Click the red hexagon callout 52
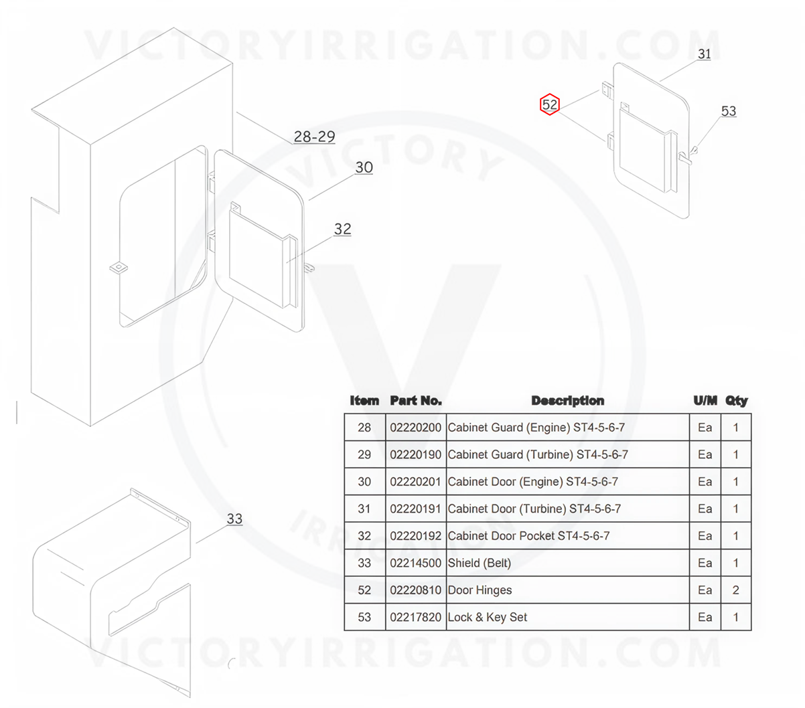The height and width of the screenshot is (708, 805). point(550,104)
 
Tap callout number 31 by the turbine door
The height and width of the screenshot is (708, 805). point(704,54)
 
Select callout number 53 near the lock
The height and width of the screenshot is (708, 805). point(728,111)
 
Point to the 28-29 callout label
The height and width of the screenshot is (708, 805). point(314,137)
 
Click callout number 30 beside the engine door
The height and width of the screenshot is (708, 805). point(364,167)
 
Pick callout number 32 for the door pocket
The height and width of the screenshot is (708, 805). point(342,229)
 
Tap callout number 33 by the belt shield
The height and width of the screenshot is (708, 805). point(234,519)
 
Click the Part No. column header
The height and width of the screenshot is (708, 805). point(416,401)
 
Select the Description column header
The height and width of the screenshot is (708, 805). point(567,401)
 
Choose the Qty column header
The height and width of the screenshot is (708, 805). point(736,401)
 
